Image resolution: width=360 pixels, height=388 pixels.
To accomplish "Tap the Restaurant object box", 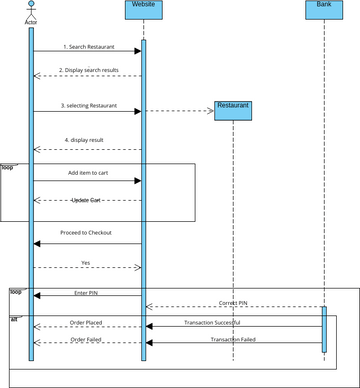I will click(233, 110).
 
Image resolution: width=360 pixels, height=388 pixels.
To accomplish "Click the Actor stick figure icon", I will click(30, 9).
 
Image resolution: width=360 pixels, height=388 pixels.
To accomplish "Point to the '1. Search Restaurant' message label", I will click(88, 47).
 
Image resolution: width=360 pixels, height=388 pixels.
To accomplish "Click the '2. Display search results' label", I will click(88, 70).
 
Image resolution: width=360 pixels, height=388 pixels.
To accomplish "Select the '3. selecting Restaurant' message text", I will click(88, 105).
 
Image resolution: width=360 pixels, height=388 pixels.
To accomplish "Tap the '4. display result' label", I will click(88, 140).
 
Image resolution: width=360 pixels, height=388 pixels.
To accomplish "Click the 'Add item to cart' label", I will click(88, 173).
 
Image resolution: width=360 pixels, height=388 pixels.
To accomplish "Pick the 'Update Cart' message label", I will click(88, 200).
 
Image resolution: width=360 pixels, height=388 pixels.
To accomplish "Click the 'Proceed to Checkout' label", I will click(87, 232).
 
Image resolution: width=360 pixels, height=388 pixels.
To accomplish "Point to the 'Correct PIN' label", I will click(234, 302).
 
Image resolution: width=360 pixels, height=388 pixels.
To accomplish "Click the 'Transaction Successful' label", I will click(212, 322).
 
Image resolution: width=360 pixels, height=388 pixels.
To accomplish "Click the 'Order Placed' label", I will click(85, 322).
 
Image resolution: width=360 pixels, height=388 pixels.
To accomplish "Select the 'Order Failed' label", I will click(85, 339).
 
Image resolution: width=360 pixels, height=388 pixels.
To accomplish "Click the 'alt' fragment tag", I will click(14, 319).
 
